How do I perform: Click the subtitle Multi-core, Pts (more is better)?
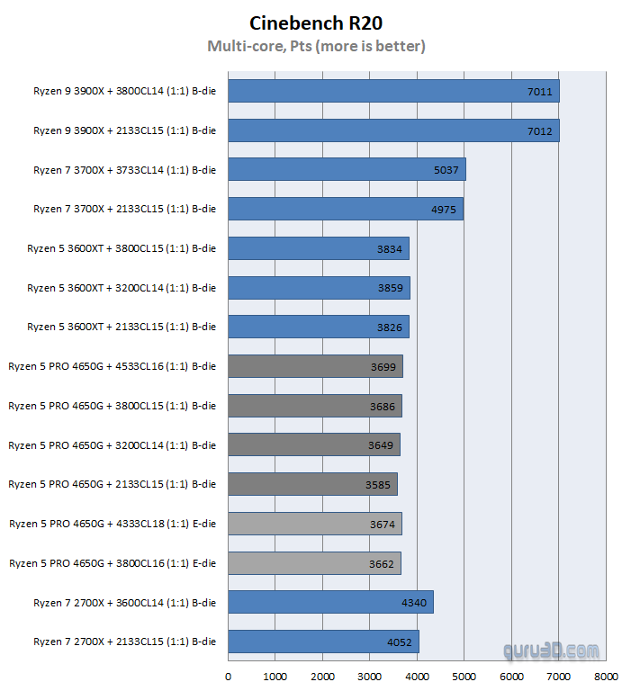tap(316, 46)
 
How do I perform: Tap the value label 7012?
tap(540, 130)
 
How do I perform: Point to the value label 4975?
tap(444, 209)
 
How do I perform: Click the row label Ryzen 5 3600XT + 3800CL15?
tap(122, 248)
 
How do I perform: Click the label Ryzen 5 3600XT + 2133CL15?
tap(122, 327)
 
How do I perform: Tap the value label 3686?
tap(383, 406)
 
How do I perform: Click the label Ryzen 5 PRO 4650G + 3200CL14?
tap(113, 444)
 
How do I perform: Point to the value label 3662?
tap(382, 563)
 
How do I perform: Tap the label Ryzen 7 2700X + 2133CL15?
tap(125, 642)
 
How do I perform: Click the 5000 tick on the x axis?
tap(464, 676)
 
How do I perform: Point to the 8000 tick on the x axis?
tap(606, 676)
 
